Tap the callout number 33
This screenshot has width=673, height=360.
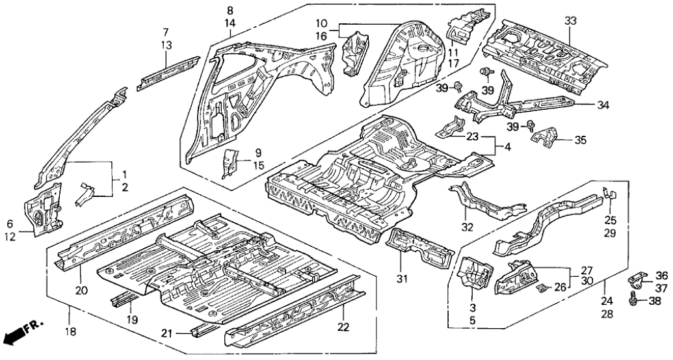click(570, 21)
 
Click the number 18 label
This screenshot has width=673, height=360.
click(70, 331)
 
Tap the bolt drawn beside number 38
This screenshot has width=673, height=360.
click(634, 302)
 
